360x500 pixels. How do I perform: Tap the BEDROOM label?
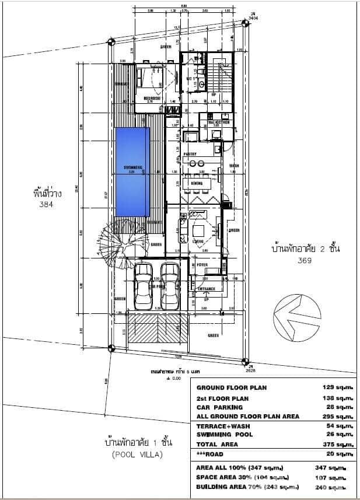coord(153,99)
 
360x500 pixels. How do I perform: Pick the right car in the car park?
coord(170,286)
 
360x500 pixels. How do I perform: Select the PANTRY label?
coord(190,154)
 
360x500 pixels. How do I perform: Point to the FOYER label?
coord(202,265)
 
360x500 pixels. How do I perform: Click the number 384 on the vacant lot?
coord(46,205)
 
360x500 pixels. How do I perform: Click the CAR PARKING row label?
coord(219,407)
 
